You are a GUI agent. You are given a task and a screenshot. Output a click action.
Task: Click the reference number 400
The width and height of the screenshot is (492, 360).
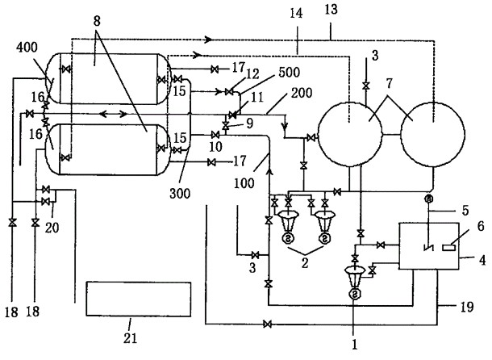click(24, 49)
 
